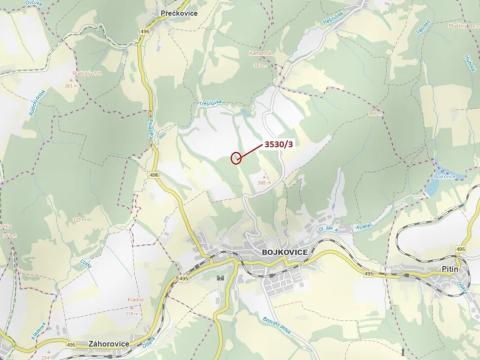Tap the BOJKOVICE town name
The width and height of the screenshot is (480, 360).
[x=281, y=254]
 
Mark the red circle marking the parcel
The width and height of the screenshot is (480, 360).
[x=237, y=156]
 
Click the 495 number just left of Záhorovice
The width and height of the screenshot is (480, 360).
[x=71, y=345]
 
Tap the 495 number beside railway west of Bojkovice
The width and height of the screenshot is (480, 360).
[x=185, y=281]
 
